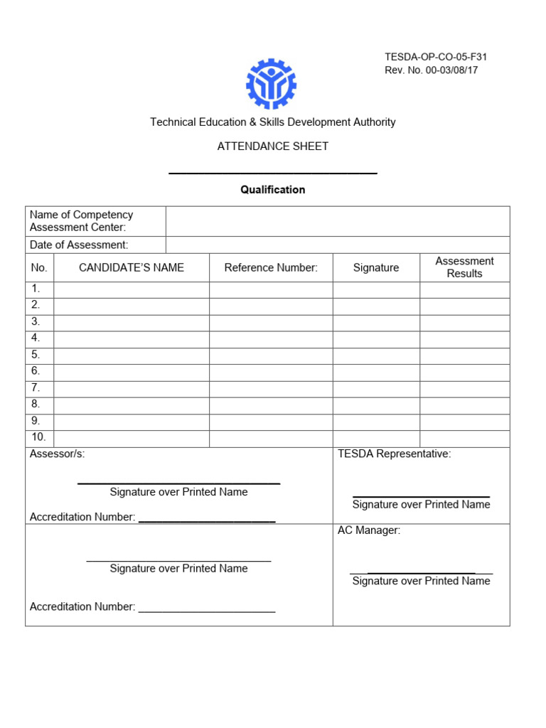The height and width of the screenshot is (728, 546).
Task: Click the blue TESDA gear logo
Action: (x=271, y=84)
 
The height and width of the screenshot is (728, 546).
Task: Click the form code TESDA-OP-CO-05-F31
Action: (x=436, y=57)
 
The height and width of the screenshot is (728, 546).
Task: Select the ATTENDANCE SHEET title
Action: (x=273, y=146)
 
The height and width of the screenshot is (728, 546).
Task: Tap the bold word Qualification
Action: (x=273, y=190)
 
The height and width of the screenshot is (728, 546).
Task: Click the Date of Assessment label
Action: (x=79, y=245)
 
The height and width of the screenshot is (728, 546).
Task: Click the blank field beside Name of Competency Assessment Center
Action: (x=338, y=221)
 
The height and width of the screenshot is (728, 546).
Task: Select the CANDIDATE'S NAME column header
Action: (x=132, y=267)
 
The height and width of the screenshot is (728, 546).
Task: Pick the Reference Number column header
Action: (x=271, y=267)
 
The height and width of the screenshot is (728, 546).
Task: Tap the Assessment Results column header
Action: (x=464, y=267)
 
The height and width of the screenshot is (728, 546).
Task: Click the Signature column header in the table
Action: (x=376, y=267)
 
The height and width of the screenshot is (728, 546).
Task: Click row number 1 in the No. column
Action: (x=36, y=289)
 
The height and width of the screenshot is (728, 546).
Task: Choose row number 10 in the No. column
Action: (x=38, y=437)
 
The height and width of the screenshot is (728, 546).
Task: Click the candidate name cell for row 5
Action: (x=132, y=355)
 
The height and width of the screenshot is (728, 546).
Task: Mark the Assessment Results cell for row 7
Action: (x=464, y=388)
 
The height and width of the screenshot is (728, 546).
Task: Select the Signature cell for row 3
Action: (x=376, y=322)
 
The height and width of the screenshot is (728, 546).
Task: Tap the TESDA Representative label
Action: (x=394, y=454)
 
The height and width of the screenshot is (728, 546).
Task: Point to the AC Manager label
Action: (x=369, y=530)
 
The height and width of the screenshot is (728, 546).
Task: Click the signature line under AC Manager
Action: (x=421, y=572)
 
